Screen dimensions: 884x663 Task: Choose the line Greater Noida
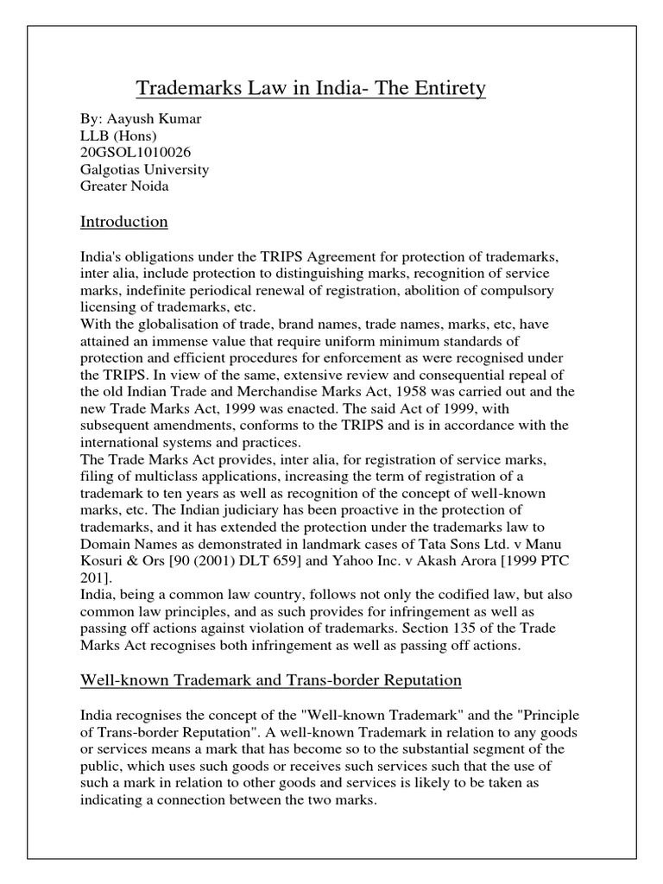[x=124, y=186]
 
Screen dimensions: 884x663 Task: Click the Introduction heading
[x=123, y=223]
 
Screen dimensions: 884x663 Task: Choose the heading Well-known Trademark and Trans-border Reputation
[x=271, y=681]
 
